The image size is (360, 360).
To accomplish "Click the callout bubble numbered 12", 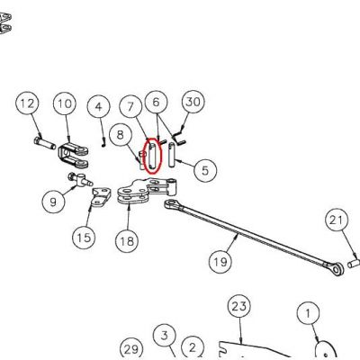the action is pos(27,103).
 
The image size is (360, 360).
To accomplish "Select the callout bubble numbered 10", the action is pos(65,103).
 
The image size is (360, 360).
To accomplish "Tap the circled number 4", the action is pos(99,106).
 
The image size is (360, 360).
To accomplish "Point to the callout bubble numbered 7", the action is pos(130,106).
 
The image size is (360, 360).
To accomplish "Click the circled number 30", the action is pos(193,102).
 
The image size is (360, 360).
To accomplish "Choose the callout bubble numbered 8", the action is pos(121,135).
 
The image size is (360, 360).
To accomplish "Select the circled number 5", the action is pos(205,170).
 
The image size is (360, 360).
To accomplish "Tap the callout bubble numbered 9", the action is pos(53,202).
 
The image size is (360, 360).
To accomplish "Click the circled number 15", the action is pos(84,238).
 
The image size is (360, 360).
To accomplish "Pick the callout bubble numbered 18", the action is pos(127,240).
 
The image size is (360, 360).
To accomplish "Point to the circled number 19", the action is pos(220,262).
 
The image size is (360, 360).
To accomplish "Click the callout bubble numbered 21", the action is pos(337,220).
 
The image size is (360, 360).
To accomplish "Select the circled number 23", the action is pos(239,307).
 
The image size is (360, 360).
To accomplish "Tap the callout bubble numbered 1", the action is pos(309,313).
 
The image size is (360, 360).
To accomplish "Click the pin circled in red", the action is pos(152,156).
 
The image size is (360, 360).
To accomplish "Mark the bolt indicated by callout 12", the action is pos(45,143).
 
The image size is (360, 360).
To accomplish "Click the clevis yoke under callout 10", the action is pos(73,156).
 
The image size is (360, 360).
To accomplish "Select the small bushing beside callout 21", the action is pos(353,264).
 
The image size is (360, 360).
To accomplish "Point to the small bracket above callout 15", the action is pos(101,197).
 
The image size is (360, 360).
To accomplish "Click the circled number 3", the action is pos(165,335).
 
